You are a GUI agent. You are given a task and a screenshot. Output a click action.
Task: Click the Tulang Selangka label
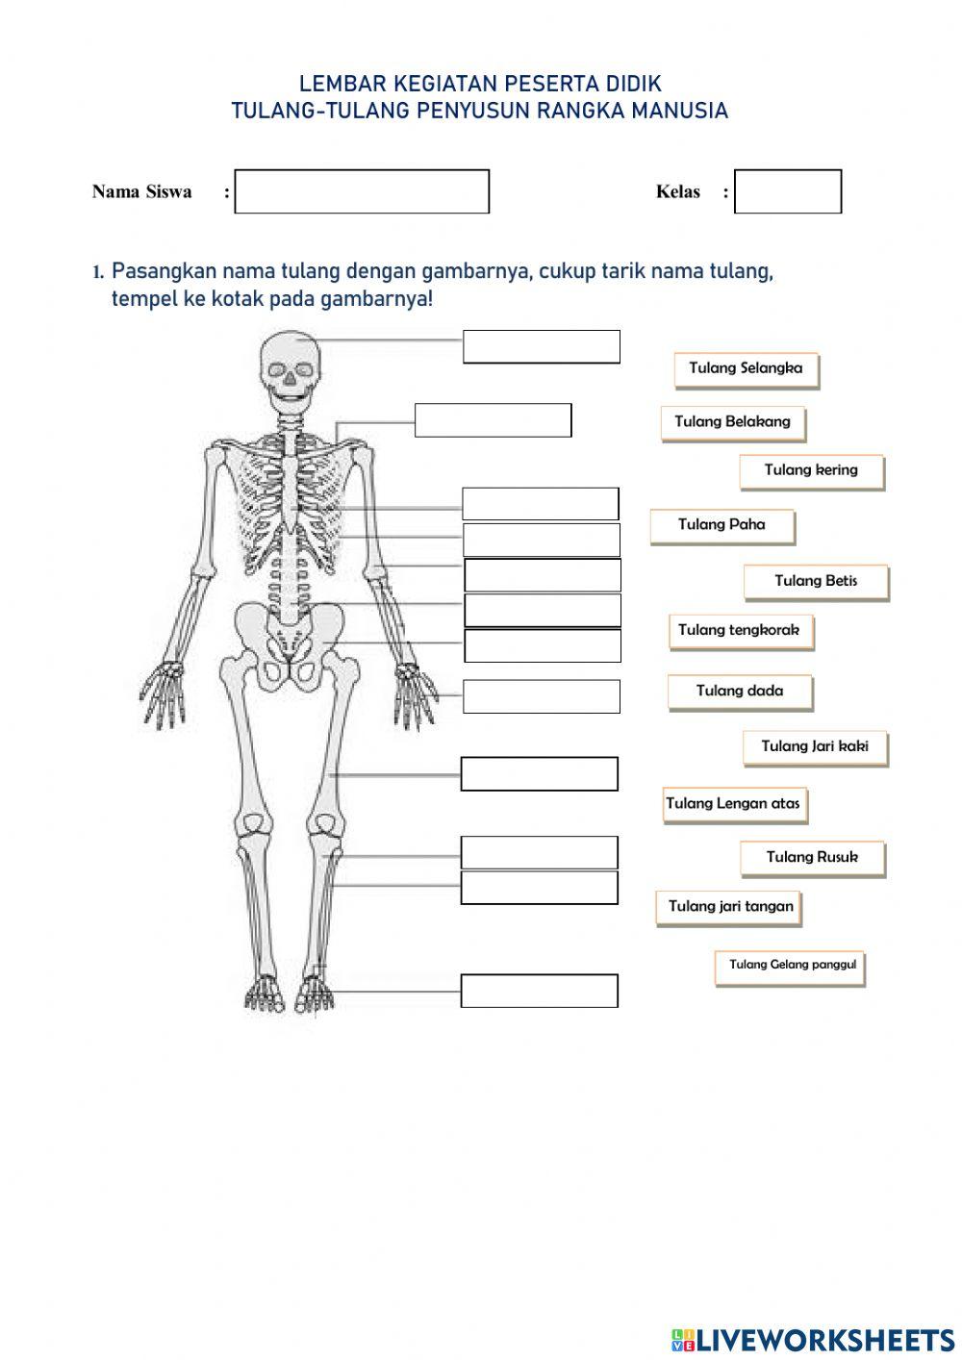(746, 368)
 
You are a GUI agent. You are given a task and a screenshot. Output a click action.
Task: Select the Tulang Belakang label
(732, 421)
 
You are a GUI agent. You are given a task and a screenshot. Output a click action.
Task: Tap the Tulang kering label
(811, 470)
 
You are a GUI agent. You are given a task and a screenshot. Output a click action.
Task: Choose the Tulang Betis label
(816, 581)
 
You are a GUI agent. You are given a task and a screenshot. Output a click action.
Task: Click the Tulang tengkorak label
(740, 631)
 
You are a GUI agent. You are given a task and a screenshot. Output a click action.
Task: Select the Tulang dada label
(740, 691)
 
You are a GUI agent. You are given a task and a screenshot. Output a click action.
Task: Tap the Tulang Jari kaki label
(815, 746)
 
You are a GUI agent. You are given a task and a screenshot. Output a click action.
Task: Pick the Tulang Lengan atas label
(734, 804)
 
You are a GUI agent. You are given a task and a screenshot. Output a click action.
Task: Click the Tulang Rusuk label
(812, 857)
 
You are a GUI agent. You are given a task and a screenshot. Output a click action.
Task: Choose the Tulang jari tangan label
(730, 907)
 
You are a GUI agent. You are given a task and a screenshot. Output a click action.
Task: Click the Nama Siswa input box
(362, 191)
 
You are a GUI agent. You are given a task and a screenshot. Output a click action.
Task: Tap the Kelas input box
(787, 191)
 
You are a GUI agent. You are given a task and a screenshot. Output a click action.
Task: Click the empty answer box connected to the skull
(542, 347)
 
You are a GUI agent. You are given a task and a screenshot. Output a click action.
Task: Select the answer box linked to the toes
(539, 991)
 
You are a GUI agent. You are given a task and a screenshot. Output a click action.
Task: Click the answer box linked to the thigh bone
(539, 774)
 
